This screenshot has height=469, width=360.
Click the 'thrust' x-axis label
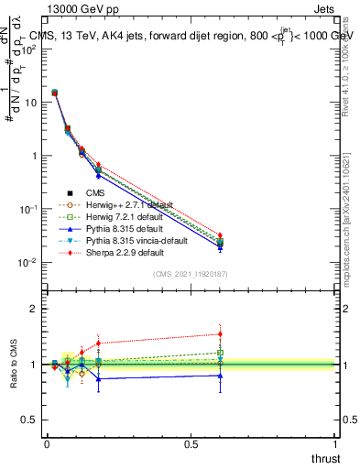(x=325, y=459)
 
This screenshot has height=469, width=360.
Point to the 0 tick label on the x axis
(x=47, y=443)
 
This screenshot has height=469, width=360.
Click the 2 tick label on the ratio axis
(x=33, y=309)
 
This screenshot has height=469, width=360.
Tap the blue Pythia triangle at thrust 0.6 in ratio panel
(x=220, y=375)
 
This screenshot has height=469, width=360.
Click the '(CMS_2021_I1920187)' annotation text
(x=191, y=275)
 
